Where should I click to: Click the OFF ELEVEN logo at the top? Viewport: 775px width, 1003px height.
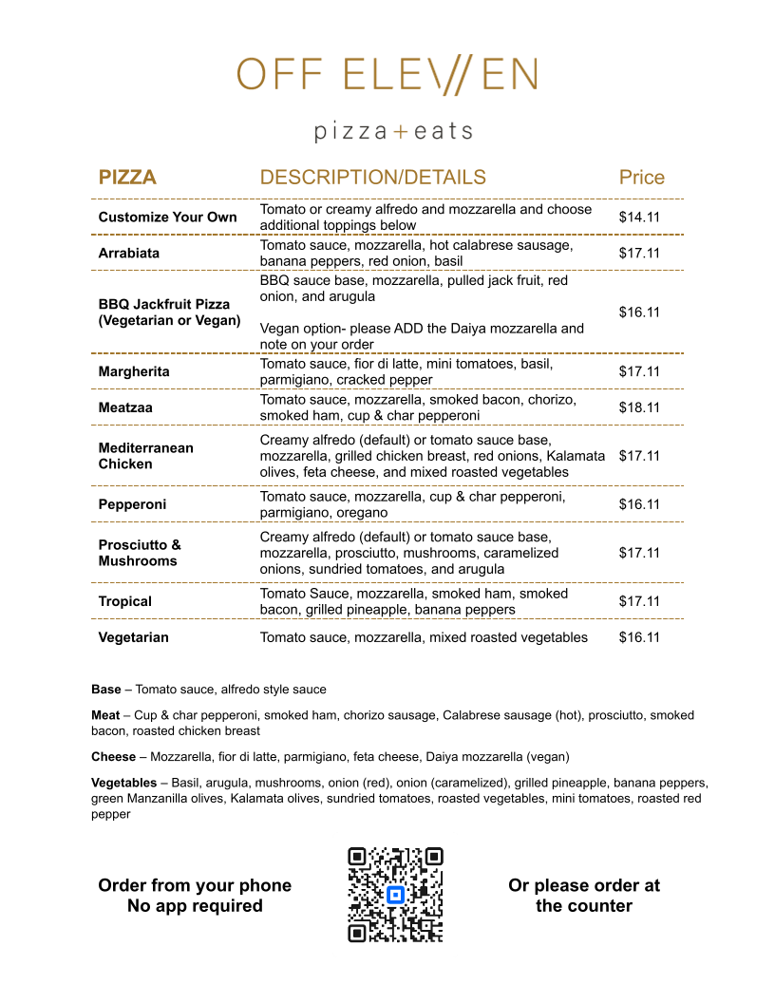(x=387, y=75)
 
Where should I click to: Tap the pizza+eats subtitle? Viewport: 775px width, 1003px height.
(x=393, y=131)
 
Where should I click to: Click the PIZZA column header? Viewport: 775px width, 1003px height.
(x=127, y=178)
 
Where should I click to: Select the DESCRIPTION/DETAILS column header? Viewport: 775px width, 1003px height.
(x=372, y=178)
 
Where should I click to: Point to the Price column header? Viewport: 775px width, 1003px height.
(x=641, y=178)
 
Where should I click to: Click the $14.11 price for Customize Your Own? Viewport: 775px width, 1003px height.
(x=639, y=218)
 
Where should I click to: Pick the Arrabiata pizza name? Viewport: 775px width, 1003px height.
(x=129, y=254)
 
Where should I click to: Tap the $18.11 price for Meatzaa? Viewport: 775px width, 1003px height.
(x=639, y=407)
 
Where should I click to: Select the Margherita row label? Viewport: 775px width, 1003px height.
(x=134, y=371)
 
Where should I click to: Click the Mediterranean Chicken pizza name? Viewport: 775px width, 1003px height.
(x=145, y=456)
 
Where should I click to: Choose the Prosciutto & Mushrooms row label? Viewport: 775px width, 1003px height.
(x=139, y=553)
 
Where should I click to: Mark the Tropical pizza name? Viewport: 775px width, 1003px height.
(x=125, y=601)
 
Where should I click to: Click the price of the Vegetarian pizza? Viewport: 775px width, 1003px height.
(x=639, y=637)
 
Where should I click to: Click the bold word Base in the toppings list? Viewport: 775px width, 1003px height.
(x=106, y=690)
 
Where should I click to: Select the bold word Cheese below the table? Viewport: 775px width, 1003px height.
(x=114, y=757)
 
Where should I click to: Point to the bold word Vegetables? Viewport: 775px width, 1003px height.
(x=123, y=783)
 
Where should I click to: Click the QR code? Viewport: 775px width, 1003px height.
(x=395, y=895)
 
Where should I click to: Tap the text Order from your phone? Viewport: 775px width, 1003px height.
(x=195, y=885)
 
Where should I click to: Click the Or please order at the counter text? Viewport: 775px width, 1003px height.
(x=584, y=896)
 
